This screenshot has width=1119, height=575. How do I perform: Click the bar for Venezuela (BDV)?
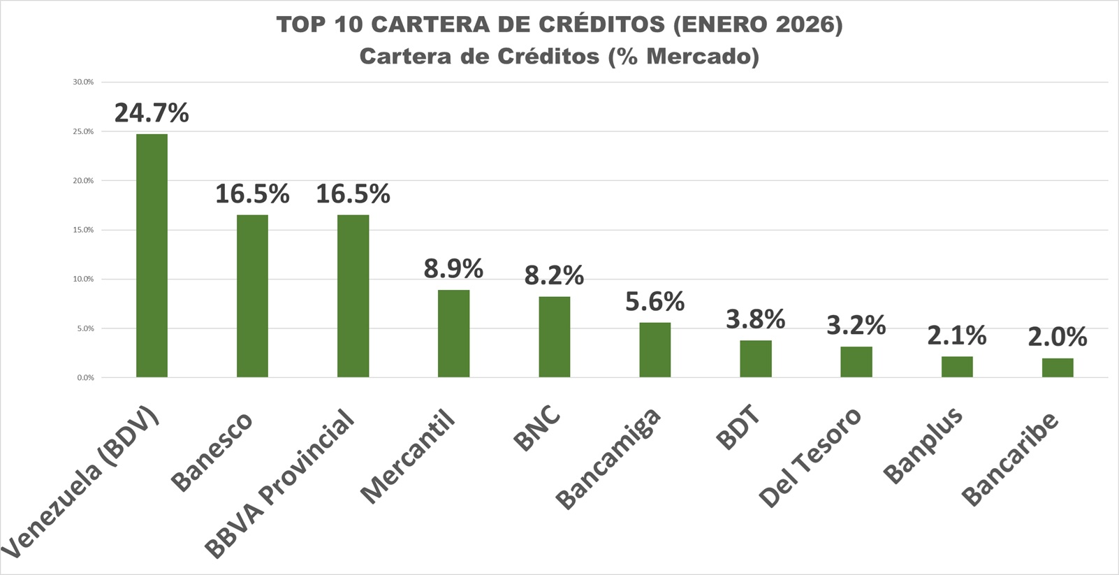[x=152, y=256]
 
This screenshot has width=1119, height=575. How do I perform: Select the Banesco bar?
[x=252, y=296]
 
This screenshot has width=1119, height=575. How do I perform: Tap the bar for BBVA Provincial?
[x=353, y=296]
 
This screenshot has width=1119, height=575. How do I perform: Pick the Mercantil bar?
[x=453, y=333]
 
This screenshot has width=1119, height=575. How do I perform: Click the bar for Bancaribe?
[x=1058, y=367]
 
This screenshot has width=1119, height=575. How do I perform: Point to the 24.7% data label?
[x=152, y=112]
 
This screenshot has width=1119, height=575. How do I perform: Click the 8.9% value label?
[x=453, y=268]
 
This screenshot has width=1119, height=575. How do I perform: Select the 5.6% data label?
[x=654, y=301]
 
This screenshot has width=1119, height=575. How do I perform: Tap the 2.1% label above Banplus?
[x=956, y=336]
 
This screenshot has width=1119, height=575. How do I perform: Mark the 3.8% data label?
[x=755, y=319]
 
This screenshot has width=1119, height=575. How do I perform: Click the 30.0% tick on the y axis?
[x=83, y=82]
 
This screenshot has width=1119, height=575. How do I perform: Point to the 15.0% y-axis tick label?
[x=83, y=230]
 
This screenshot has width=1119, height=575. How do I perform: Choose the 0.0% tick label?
[x=85, y=377]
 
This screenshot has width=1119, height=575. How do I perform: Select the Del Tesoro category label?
[x=810, y=458]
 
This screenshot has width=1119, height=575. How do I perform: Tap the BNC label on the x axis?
[x=537, y=428]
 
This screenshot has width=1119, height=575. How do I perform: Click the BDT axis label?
[x=738, y=428]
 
